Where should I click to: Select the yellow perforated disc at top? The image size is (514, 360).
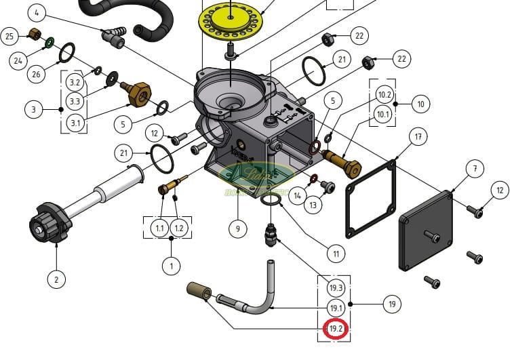(231, 21)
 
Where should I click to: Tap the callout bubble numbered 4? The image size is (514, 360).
(38, 12)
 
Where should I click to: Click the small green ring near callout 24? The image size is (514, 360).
(50, 43)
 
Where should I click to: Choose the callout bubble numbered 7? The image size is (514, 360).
(475, 167)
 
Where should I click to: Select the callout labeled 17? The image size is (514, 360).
(418, 137)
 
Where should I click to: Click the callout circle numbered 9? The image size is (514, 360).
(237, 229)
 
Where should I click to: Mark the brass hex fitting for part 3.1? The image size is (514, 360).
(139, 94)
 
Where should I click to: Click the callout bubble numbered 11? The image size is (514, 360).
(336, 254)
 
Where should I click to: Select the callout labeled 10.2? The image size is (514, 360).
(384, 94)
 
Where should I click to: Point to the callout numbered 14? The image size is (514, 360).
(297, 197)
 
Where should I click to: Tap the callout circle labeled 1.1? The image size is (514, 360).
(160, 228)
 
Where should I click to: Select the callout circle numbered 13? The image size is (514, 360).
(313, 205)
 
